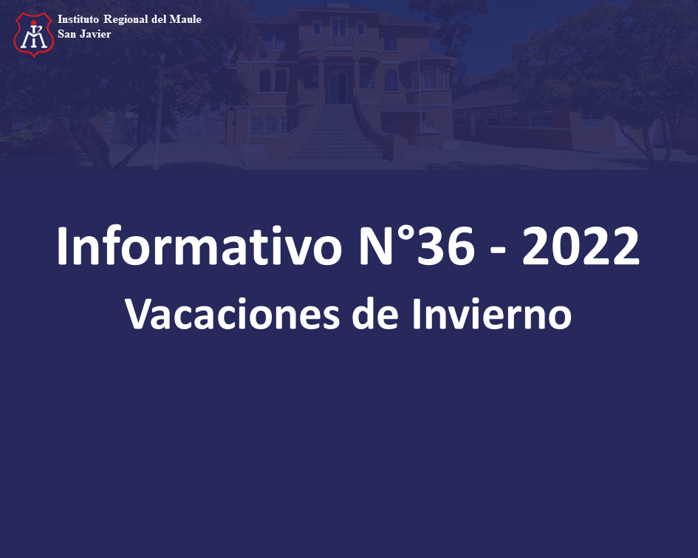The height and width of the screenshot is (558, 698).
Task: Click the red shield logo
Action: [34, 34]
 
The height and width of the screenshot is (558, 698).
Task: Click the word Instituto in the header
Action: [78, 19]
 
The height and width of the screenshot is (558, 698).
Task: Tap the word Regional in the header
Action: [126, 20]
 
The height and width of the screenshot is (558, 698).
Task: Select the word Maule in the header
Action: [185, 19]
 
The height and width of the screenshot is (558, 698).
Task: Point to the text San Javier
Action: [84, 34]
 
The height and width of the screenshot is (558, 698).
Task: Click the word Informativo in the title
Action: [199, 246]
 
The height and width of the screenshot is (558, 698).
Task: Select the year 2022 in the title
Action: [581, 246]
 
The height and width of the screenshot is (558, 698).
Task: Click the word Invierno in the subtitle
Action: [492, 314]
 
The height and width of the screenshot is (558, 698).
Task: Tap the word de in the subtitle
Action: [374, 314]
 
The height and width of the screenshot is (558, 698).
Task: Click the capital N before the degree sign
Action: [377, 246]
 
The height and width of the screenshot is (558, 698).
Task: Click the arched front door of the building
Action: [338, 87]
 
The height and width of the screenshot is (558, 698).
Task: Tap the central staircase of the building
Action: [337, 131]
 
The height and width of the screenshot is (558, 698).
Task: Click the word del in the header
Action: [159, 19]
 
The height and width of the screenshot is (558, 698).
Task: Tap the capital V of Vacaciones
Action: [140, 314]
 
